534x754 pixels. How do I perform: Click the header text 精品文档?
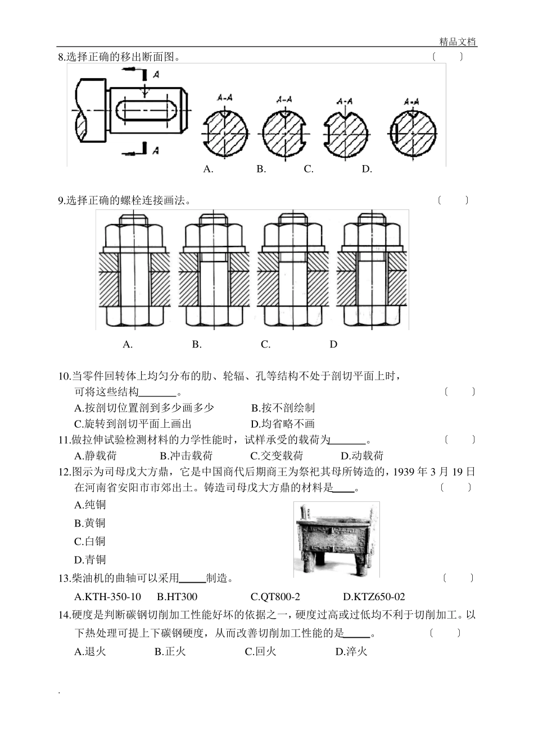(x=458, y=42)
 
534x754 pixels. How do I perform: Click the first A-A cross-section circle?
(x=224, y=135)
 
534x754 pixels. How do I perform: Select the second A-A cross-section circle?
(x=284, y=135)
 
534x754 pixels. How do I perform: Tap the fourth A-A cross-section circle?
(x=413, y=135)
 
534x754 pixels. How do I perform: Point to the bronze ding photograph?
(x=336, y=539)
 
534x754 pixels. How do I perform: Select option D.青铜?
(x=90, y=559)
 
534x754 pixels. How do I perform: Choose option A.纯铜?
(x=90, y=505)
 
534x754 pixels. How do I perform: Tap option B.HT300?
(x=177, y=597)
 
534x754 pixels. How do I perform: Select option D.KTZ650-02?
(x=373, y=597)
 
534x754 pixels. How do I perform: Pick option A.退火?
(x=90, y=651)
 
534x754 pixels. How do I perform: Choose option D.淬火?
(x=351, y=651)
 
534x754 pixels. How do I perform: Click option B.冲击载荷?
(x=186, y=456)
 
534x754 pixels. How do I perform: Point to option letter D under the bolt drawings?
(x=333, y=344)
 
